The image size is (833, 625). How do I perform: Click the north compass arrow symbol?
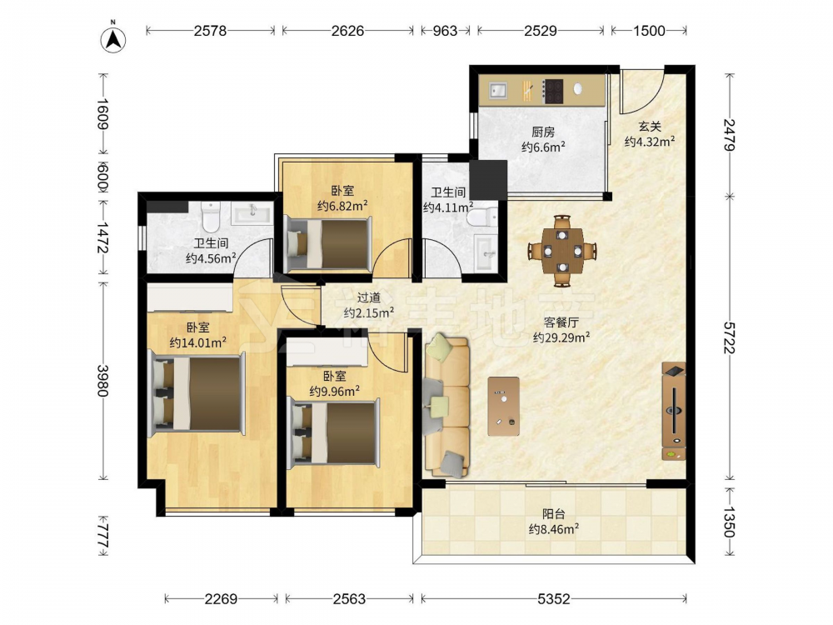tap(112, 39)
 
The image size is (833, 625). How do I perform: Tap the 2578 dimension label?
tap(210, 31)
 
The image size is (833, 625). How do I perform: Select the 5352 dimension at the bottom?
tap(554, 599)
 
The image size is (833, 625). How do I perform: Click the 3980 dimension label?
tap(102, 381)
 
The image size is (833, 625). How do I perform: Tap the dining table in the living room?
tap(562, 250)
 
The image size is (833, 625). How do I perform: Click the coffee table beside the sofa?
tap(504, 406)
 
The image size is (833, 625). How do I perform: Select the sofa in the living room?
tap(446, 406)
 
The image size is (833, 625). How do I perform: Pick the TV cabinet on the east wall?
tap(674, 411)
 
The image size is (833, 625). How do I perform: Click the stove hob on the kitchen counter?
tap(553, 91)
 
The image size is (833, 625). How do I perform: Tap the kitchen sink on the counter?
tap(498, 90)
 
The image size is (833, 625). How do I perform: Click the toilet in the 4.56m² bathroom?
tap(211, 217)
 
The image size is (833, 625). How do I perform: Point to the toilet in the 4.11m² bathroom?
tap(481, 217)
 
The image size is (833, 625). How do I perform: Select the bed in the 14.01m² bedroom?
tap(197, 393)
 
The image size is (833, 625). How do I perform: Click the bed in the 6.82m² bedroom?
tap(328, 244)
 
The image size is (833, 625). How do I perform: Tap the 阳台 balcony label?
tap(554, 514)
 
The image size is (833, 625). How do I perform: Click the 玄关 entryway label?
tap(650, 127)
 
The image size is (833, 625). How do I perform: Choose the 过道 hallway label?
tap(369, 298)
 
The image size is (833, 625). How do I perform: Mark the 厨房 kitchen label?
tap(543, 132)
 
